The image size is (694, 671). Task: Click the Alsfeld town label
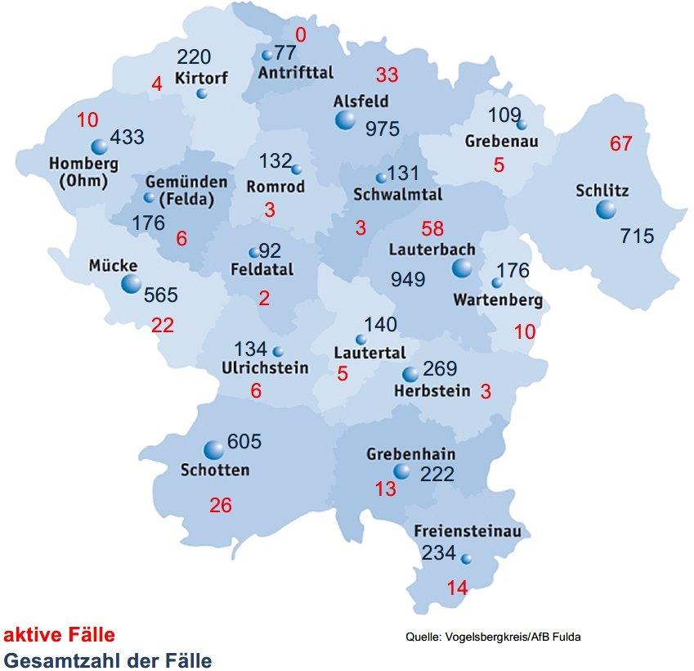click(360, 102)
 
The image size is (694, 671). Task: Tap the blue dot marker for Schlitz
click(606, 210)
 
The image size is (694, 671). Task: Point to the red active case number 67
click(621, 144)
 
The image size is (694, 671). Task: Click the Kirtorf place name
click(200, 78)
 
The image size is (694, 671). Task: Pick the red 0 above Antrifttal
click(301, 34)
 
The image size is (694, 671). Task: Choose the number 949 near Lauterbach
click(408, 280)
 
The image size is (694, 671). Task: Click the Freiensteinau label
click(468, 530)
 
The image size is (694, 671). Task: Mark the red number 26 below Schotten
click(221, 505)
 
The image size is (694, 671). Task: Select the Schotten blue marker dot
click(213, 449)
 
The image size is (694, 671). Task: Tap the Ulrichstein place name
click(265, 368)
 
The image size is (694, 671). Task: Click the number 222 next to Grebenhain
click(437, 474)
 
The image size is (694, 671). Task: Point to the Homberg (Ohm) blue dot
click(100, 146)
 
